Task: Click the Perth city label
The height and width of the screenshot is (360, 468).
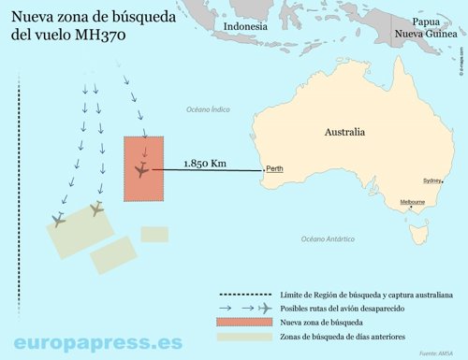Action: [274, 169]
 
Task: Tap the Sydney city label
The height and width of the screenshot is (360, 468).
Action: [432, 180]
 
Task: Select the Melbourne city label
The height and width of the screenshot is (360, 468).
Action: [413, 202]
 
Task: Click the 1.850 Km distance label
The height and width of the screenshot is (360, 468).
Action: [205, 163]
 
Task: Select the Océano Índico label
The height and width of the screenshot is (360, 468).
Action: [207, 109]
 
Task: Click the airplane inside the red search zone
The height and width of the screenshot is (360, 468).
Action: [141, 170]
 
